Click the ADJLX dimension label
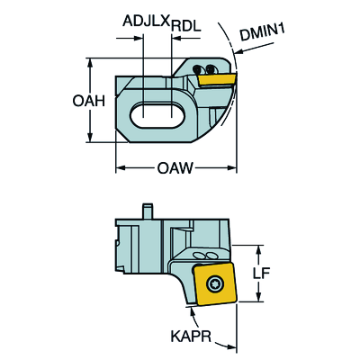(x=146, y=21)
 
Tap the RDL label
(x=185, y=27)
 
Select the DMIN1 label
(x=263, y=32)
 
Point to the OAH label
(x=88, y=101)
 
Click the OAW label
(x=175, y=168)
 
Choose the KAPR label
(x=192, y=337)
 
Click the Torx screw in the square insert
(x=213, y=283)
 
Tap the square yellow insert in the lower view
(x=215, y=284)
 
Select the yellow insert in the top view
(x=217, y=79)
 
